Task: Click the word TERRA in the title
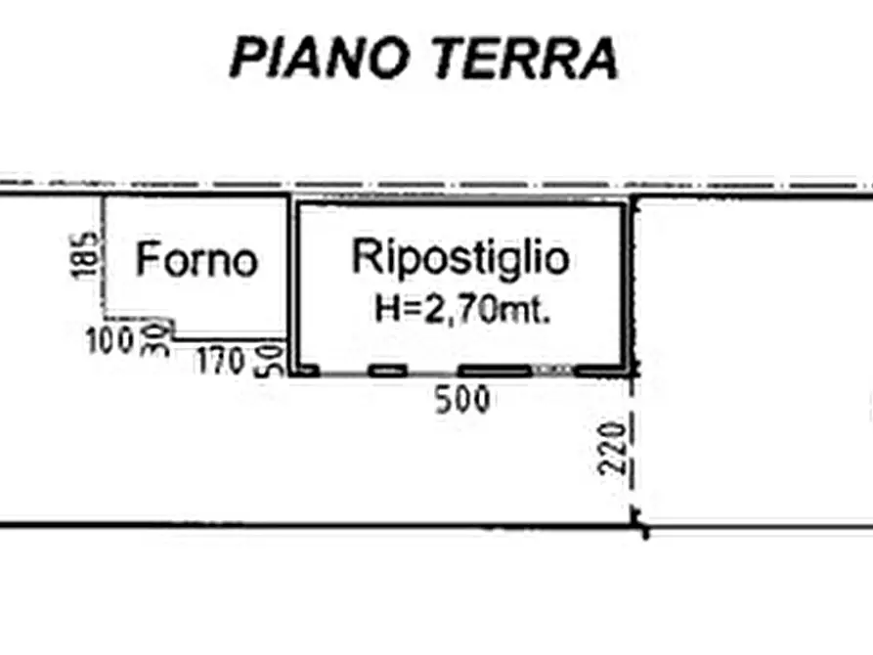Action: click(525, 58)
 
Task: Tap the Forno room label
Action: click(197, 260)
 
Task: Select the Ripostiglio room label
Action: click(460, 257)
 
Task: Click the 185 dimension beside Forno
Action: click(88, 255)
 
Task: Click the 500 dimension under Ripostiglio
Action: click(462, 399)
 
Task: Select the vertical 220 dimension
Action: click(614, 448)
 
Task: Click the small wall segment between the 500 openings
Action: click(388, 371)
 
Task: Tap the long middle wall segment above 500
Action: click(495, 371)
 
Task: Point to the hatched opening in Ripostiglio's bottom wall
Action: click(553, 371)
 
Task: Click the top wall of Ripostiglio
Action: click(460, 203)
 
